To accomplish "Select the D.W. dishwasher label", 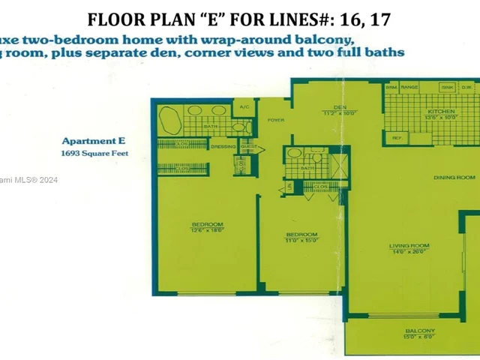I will pos(466,88).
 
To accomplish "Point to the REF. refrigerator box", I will pos(395,138).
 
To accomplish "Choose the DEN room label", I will pos(339,106).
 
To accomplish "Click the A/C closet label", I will pos(244,107).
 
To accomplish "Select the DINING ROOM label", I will pos(454,177).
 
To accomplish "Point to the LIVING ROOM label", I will pos(409,246).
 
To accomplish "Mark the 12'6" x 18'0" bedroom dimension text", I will pos(207,230).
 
